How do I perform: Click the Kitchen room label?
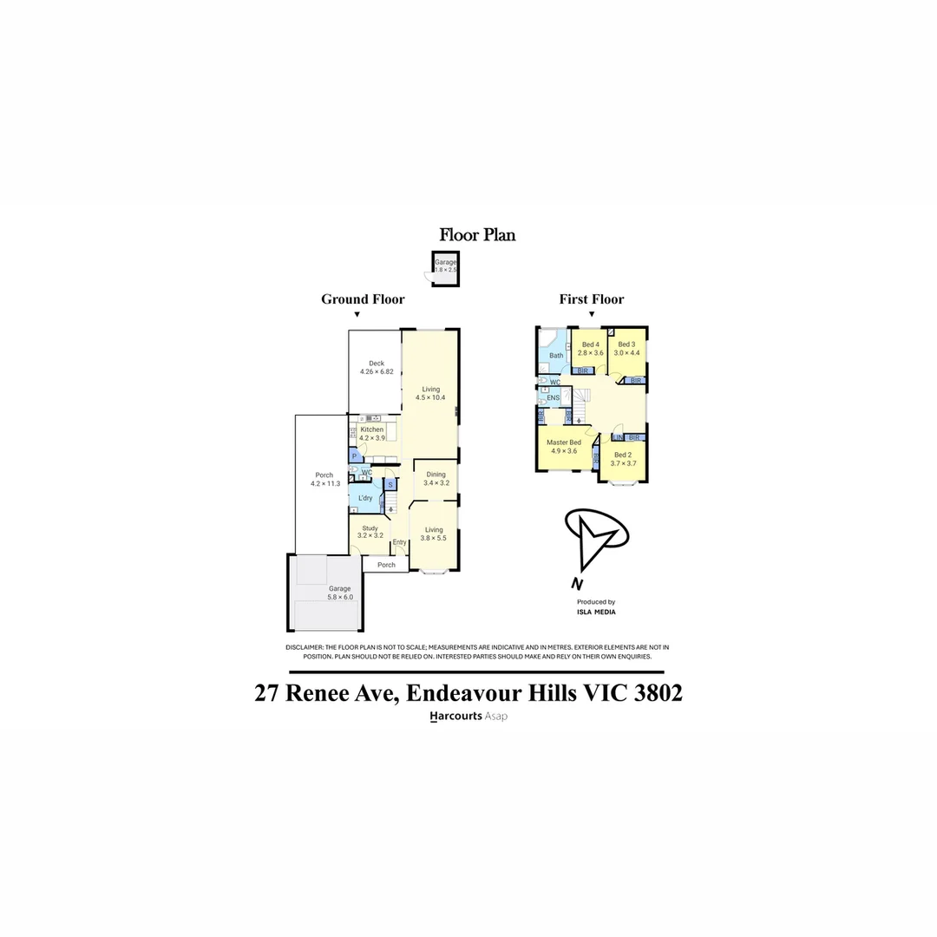372,429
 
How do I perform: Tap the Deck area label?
377,364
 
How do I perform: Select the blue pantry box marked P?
354,456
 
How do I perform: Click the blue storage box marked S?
390,485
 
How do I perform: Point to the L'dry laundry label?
366,498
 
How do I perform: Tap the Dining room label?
436,475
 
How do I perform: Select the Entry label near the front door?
399,543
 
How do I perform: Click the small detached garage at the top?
446,266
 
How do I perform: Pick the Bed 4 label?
591,344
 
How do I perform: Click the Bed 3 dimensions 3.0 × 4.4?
626,353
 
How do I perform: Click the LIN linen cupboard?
618,437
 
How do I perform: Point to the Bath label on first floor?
556,356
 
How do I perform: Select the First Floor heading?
591,299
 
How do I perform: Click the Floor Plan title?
477,234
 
